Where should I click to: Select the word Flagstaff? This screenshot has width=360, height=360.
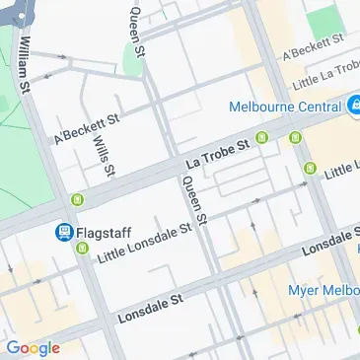pos(102,233)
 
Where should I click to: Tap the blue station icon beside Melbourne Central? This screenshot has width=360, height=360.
pos(352,106)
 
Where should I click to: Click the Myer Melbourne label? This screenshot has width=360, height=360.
pos(322,290)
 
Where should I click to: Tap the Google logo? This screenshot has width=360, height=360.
pos(33,347)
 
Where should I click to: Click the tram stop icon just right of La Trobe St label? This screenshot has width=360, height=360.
pos(262,138)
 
